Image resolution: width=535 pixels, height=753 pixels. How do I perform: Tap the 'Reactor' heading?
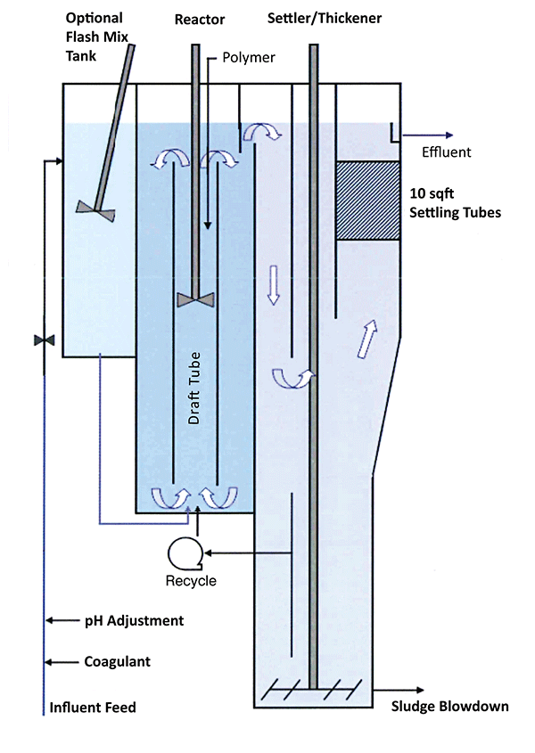[200, 20]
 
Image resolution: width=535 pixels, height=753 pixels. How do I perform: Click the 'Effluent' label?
[446, 152]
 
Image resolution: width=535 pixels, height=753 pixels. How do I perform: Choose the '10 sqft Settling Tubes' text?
[454, 204]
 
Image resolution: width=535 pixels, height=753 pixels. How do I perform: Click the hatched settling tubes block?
[367, 201]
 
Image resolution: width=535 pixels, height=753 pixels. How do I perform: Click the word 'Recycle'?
[191, 581]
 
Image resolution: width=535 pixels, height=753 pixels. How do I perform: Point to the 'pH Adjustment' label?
[134, 620]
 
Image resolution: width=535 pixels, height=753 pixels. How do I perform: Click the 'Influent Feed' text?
[93, 708]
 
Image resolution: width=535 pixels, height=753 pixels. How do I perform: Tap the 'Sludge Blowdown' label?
[450, 707]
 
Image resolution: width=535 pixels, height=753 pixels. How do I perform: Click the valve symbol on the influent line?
[43, 340]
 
